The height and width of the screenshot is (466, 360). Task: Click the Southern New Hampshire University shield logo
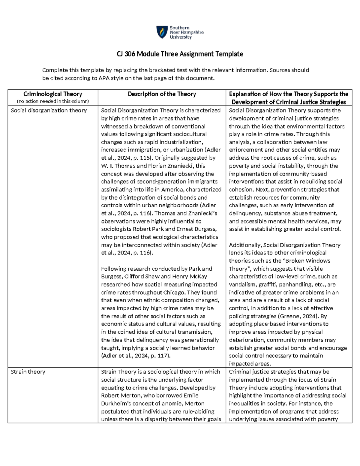[162, 32]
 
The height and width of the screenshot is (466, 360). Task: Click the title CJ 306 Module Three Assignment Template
[180, 54]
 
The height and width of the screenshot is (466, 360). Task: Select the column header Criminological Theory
[53, 94]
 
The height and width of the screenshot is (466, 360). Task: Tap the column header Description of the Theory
[162, 94]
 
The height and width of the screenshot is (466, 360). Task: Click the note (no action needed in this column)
[53, 101]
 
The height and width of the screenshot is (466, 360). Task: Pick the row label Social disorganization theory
[49, 110]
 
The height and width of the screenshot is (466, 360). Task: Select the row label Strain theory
[28, 372]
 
